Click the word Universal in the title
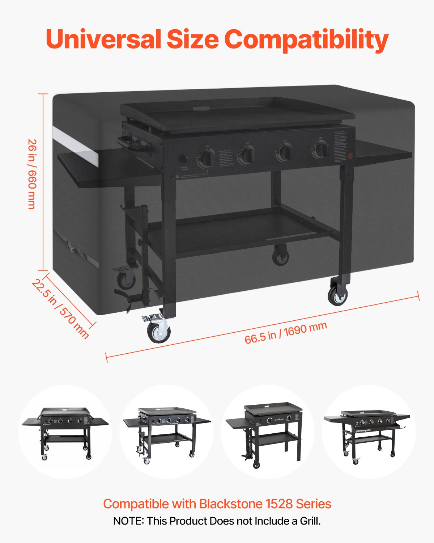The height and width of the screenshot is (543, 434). pos(103,39)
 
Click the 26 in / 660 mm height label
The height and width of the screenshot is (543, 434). pos(32,174)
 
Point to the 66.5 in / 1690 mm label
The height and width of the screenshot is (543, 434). pos(286,333)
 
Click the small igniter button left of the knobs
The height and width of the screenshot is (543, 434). pos(184,160)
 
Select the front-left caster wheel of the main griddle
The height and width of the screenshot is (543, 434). pos(158,331)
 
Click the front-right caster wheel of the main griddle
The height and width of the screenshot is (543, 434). pos(338,295)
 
